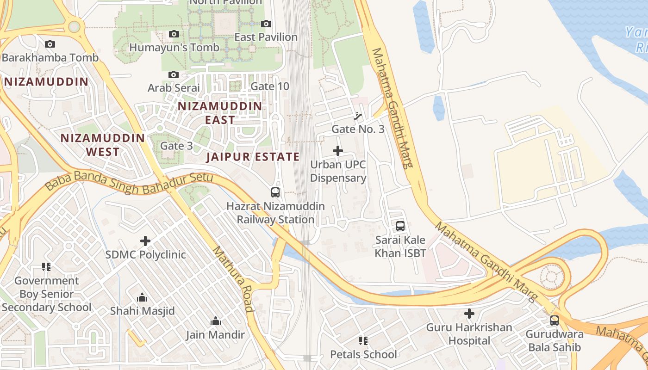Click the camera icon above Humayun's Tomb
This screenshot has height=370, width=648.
tap(174, 34)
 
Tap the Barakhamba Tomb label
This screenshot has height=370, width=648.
tap(50, 58)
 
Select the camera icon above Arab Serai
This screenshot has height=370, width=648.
tap(174, 74)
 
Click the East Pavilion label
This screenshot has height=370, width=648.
tap(266, 37)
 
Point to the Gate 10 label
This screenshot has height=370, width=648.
tap(269, 86)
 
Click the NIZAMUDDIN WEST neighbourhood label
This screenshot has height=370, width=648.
tap(103, 145)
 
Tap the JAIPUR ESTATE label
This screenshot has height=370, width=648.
tap(253, 157)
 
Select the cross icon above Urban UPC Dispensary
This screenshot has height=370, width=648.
tap(338, 150)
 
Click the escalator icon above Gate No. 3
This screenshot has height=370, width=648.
tap(358, 116)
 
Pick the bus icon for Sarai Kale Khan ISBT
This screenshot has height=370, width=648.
tap(400, 226)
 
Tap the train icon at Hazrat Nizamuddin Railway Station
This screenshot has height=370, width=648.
tap(275, 192)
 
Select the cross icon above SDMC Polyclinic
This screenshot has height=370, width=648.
tap(145, 241)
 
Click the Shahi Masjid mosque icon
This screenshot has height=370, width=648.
tap(142, 297)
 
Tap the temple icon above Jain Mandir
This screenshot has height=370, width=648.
tap(215, 321)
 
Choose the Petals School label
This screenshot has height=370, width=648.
tap(363, 354)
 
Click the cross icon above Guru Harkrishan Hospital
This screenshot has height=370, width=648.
tap(469, 314)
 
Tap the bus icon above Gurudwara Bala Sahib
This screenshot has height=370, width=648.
tap(554, 320)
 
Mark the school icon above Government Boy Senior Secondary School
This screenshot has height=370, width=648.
tap(46, 267)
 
